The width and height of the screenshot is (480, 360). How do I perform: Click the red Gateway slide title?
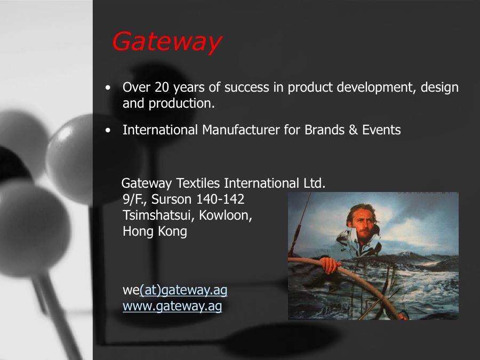pyautogui.click(x=166, y=42)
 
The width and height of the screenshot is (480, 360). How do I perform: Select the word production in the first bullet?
pyautogui.click(x=181, y=103)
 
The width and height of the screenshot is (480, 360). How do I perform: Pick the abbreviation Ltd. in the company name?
pyautogui.click(x=314, y=183)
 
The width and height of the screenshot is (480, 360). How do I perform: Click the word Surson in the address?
pyautogui.click(x=173, y=199)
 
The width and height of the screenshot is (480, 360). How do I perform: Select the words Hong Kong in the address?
pyautogui.click(x=155, y=231)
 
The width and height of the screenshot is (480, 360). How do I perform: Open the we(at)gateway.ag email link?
pyautogui.click(x=175, y=290)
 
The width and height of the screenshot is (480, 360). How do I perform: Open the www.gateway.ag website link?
pyautogui.click(x=172, y=306)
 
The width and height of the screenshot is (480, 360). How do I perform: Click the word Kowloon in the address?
pyautogui.click(x=226, y=216)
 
